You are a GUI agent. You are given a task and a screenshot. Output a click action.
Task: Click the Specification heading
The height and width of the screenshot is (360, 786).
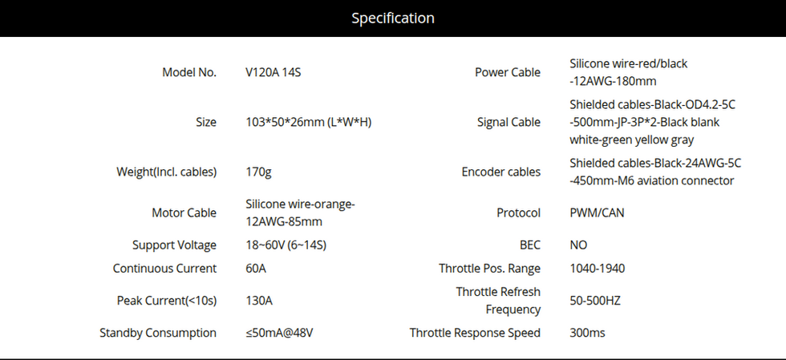(393, 18)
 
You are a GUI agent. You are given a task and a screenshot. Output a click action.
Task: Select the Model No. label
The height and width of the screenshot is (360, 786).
(189, 72)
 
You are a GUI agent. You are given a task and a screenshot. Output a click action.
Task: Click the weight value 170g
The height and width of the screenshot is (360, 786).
(258, 172)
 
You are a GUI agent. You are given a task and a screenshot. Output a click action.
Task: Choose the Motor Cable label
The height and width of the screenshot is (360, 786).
(184, 212)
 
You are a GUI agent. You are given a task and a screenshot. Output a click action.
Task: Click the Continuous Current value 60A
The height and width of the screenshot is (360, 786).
(257, 269)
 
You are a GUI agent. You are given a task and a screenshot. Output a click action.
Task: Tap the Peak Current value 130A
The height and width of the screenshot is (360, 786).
(259, 301)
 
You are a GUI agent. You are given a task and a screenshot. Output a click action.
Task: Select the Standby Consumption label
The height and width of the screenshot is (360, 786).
(158, 333)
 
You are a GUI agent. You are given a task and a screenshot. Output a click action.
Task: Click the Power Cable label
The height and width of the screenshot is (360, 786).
(508, 72)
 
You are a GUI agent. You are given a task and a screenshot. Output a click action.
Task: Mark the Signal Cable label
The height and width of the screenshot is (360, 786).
(508, 123)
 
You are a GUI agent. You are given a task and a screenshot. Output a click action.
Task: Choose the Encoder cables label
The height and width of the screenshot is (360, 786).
(501, 172)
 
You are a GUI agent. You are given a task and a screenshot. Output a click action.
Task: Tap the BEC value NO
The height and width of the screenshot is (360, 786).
(578, 245)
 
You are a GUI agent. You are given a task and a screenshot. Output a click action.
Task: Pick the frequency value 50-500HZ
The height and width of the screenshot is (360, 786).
(595, 301)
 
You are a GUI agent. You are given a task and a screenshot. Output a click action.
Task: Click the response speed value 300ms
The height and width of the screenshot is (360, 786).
(588, 333)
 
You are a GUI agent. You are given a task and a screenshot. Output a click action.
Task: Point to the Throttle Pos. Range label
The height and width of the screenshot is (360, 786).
(489, 269)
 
